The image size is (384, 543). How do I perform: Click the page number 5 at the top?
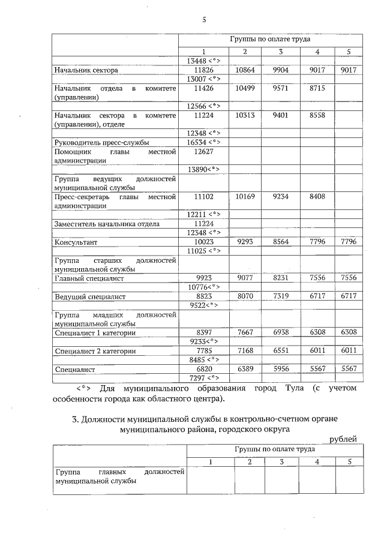204,20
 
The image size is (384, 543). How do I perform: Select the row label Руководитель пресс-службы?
101,143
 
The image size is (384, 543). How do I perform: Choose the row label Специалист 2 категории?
94,351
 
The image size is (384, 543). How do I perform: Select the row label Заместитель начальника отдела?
107,224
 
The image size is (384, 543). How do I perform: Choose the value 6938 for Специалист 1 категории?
281,332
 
